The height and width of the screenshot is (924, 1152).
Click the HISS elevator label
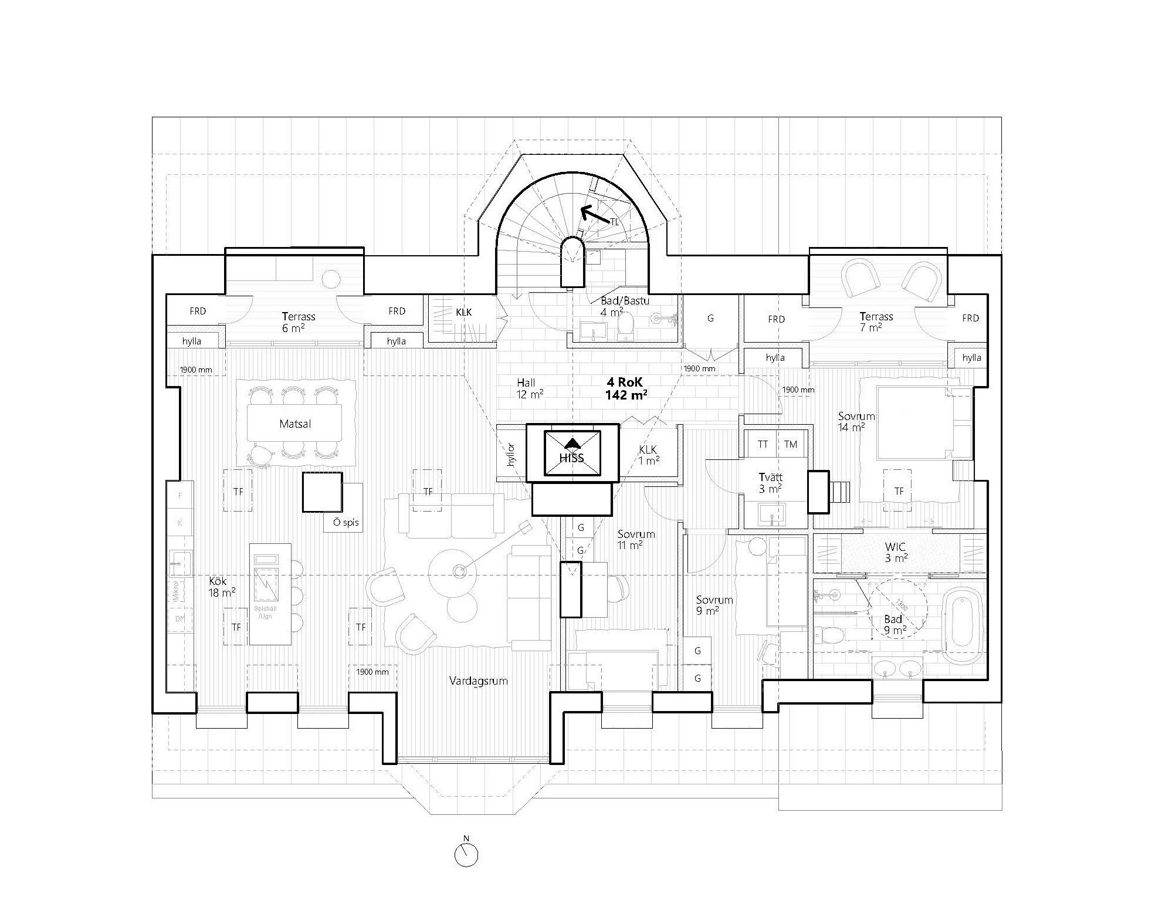click(571, 458)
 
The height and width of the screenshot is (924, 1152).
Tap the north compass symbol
click(466, 855)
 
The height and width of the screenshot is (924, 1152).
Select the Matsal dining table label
click(295, 424)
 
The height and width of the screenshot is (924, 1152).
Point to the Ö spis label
click(345, 522)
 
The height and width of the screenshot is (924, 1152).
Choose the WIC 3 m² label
click(896, 553)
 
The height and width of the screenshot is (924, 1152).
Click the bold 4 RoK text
click(626, 381)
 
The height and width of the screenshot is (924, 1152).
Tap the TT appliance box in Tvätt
click(763, 444)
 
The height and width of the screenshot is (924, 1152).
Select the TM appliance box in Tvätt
click(791, 444)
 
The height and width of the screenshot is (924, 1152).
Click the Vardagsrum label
click(478, 681)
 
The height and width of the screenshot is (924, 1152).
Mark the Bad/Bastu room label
click(624, 306)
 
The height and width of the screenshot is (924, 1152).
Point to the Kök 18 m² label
click(222, 587)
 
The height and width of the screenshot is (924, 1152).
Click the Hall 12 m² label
click(529, 388)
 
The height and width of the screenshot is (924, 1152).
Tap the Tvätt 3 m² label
click(770, 483)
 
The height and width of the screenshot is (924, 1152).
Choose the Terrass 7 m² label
click(876, 321)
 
